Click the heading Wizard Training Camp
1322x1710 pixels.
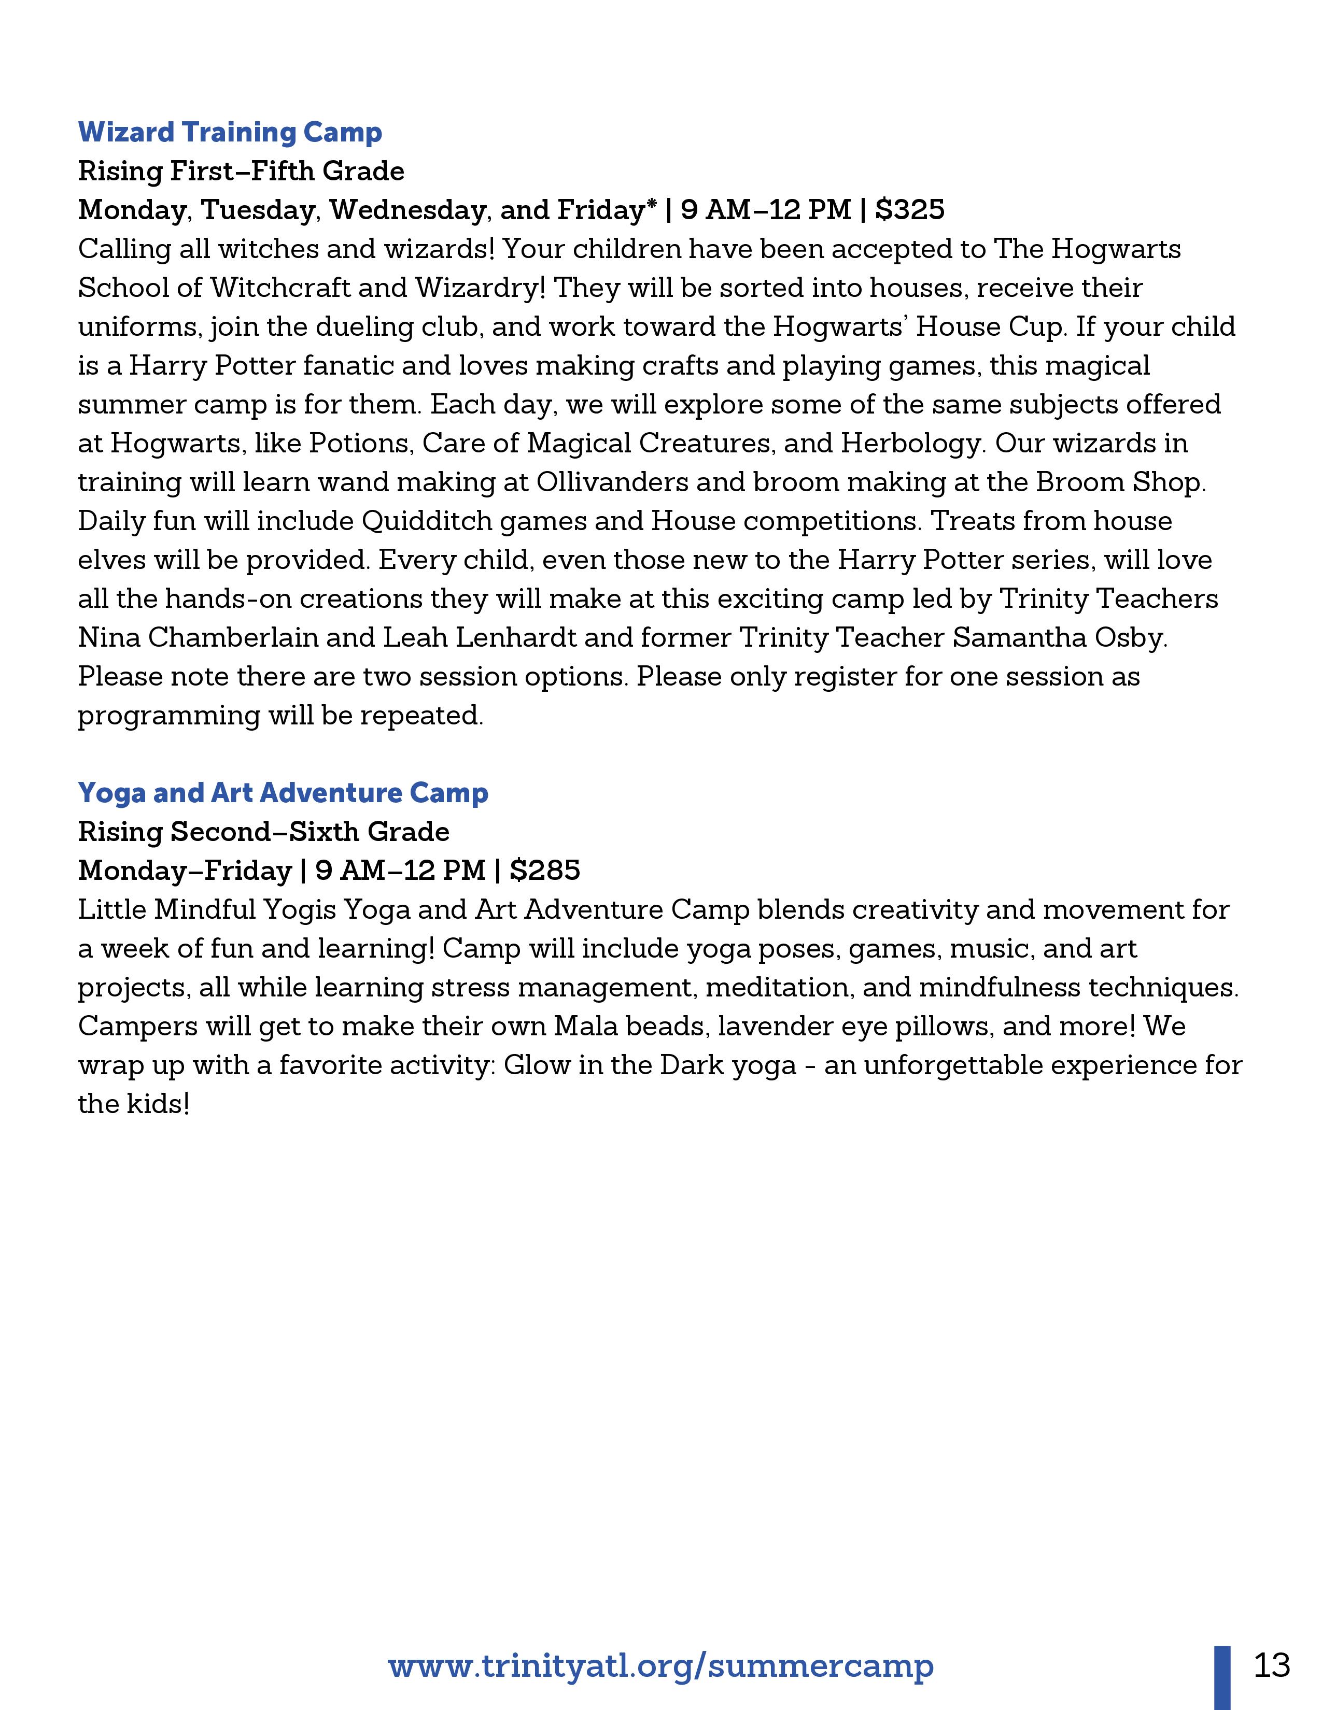(230, 132)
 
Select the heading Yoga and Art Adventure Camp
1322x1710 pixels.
(283, 793)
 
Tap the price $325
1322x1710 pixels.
(909, 210)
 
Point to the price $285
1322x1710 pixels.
(544, 871)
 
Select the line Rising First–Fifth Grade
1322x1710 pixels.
(241, 172)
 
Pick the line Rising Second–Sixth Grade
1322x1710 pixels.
(264, 832)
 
